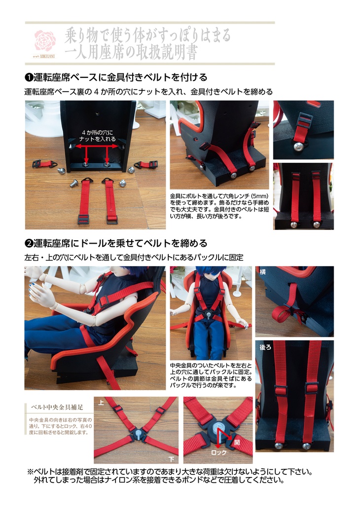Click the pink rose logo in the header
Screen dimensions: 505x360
point(45,40)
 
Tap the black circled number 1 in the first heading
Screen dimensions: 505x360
point(29,78)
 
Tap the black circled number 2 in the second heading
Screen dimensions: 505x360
point(29,244)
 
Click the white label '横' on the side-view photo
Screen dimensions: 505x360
point(262,271)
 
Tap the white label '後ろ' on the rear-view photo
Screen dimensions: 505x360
point(265,347)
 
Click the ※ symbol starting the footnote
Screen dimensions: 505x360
point(30,471)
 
